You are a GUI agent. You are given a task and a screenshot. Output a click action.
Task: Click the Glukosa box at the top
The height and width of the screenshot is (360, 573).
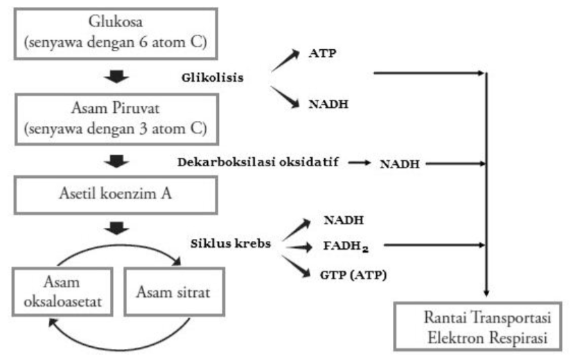[114, 33]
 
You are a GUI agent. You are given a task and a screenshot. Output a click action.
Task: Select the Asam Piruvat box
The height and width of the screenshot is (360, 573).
[114, 116]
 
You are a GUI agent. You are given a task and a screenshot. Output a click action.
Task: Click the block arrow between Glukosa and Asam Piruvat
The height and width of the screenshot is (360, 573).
[114, 75]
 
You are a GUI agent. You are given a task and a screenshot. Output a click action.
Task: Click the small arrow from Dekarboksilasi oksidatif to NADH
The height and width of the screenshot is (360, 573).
[359, 163]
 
